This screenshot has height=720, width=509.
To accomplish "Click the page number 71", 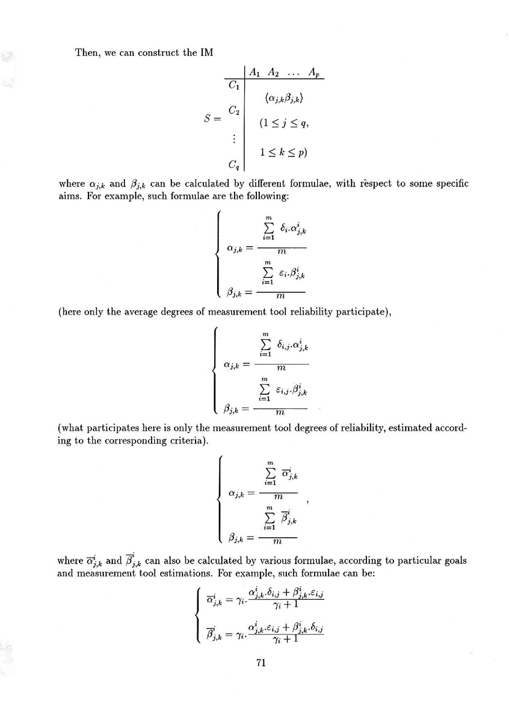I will (x=261, y=663).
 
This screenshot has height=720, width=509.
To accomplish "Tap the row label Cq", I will (x=233, y=163).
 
